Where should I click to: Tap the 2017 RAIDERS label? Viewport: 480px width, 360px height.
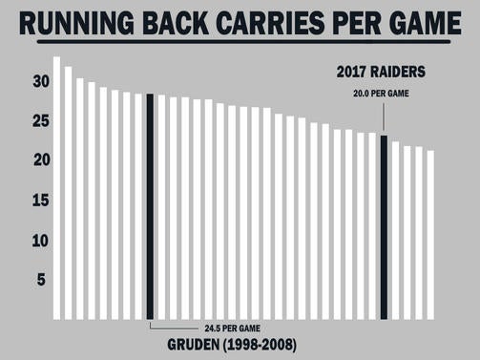coord(382,72)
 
